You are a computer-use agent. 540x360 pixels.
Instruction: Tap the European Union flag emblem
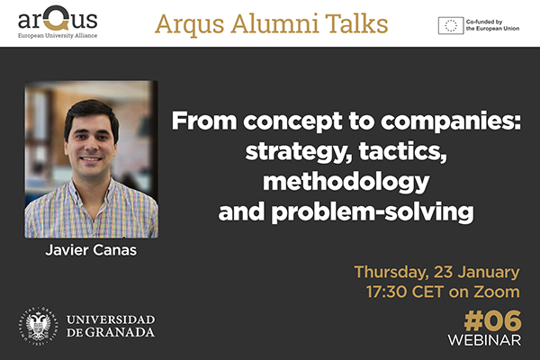[x=451, y=25]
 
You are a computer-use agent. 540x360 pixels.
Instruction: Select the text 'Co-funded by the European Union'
[x=494, y=25]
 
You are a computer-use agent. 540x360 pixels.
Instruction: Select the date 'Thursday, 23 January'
[x=436, y=272]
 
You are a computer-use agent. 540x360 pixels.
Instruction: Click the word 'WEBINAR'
[x=484, y=341]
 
